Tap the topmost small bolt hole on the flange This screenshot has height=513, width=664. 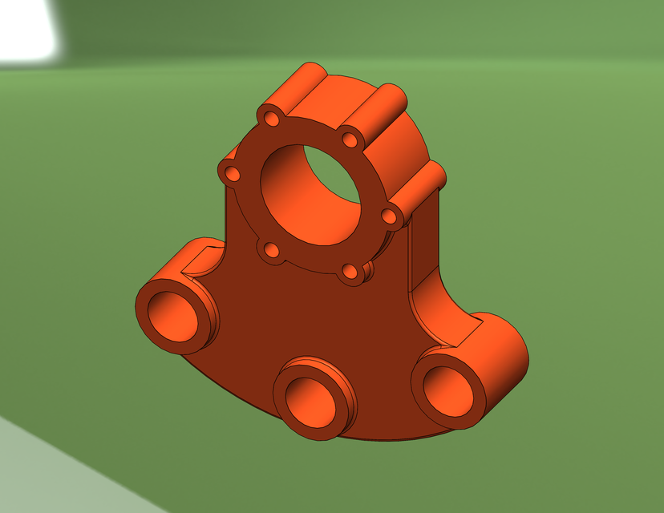coord(273,119)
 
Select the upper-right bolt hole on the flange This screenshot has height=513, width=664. coord(349,139)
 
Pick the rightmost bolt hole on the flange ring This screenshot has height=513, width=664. coord(388,216)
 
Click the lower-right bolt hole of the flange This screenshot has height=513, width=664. coord(350,272)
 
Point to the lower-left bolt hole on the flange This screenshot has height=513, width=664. coord(271,251)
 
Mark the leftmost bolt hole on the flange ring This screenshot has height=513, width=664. coord(233,173)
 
